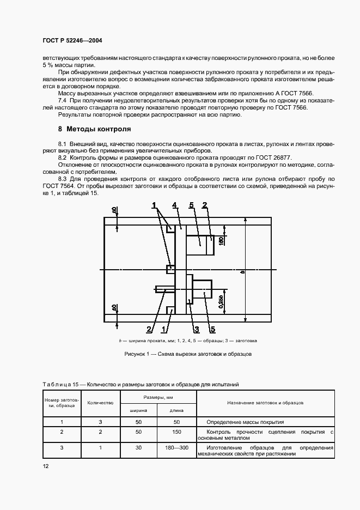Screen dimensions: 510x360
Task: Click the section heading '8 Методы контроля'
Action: [94, 130]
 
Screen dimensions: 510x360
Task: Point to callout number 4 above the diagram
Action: [174, 205]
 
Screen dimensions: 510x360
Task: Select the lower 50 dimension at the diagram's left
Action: [114, 309]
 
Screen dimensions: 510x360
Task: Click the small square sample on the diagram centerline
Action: [171, 269]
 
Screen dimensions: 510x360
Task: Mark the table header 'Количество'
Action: [100, 402]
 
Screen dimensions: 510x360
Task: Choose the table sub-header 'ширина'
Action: [138, 410]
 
